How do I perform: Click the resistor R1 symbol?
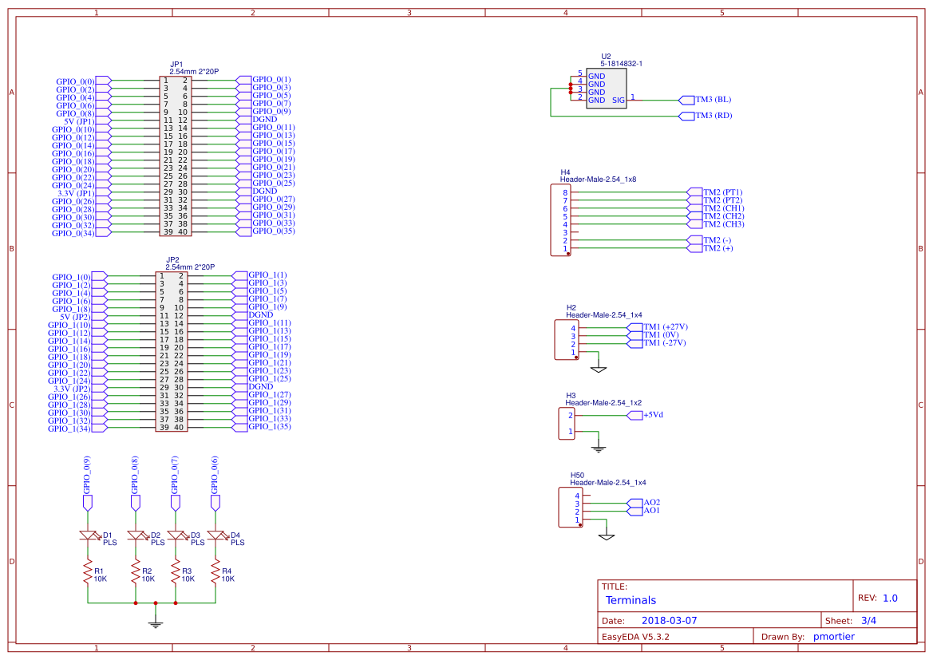click(88, 574)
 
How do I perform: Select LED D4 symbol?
click(215, 536)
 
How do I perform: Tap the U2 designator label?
click(606, 57)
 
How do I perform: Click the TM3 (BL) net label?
click(713, 100)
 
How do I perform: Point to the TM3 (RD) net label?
click(713, 116)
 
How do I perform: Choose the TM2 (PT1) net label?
click(722, 192)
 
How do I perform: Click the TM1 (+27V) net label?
click(665, 327)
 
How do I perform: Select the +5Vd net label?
click(654, 415)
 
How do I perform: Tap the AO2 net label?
click(651, 502)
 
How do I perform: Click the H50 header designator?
click(577, 475)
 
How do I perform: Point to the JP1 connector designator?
click(176, 64)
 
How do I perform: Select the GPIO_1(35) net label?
click(269, 427)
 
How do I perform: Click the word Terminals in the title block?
click(631, 600)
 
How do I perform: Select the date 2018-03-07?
click(669, 620)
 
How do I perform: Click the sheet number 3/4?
click(868, 620)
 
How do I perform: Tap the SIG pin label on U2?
click(619, 101)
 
